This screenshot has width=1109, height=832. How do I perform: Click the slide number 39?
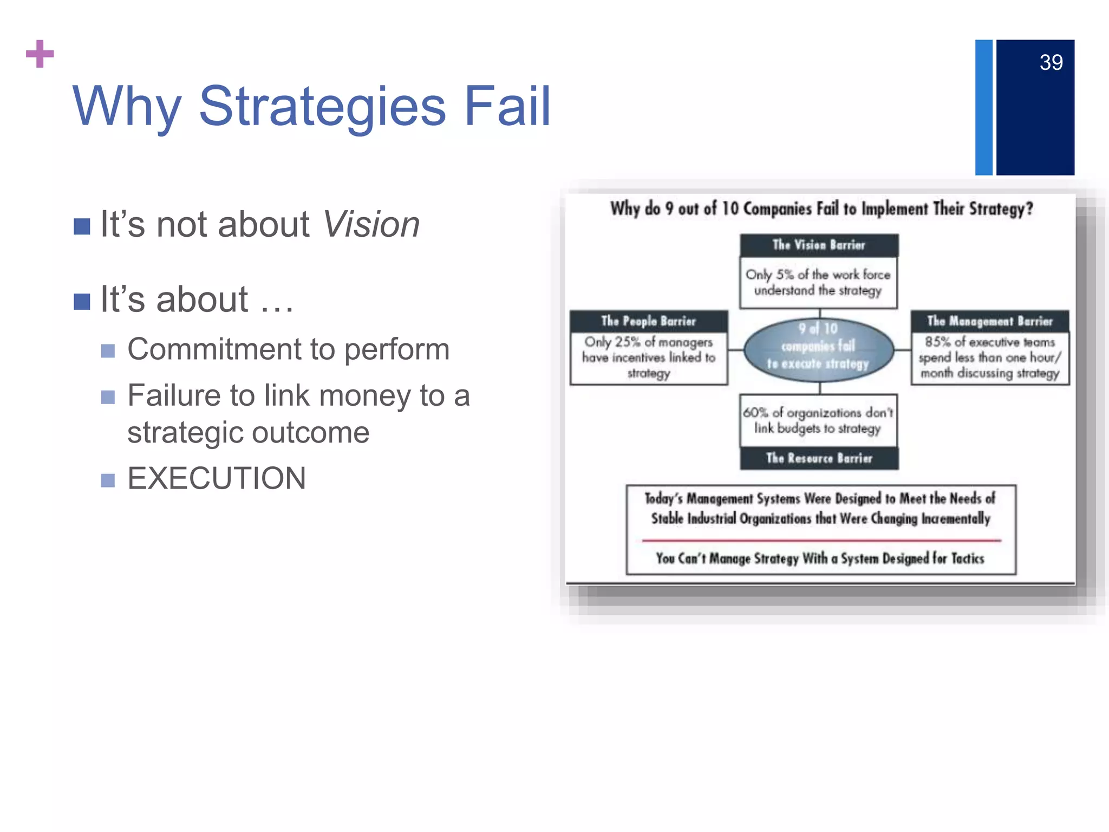tap(1051, 63)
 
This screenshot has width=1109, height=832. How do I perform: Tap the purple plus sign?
tap(40, 54)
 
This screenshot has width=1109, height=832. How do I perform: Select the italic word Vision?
tap(371, 224)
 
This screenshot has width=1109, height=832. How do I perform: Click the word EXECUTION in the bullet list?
tap(217, 478)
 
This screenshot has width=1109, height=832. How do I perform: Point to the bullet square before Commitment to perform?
tap(108, 351)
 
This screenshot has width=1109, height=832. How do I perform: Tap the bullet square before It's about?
tap(82, 301)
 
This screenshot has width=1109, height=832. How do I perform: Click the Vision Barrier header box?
tap(819, 245)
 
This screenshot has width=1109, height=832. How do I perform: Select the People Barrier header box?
tap(648, 321)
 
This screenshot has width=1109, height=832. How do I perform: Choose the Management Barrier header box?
tap(990, 321)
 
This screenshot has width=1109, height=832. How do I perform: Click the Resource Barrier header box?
tap(819, 458)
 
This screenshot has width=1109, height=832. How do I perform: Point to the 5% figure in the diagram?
tap(785, 275)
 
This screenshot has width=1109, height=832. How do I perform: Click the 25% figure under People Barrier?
tap(628, 342)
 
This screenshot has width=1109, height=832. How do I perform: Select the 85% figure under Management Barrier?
tap(937, 342)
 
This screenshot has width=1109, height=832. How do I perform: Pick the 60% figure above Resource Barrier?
tap(755, 413)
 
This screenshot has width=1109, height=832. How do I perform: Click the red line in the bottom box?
tap(821, 540)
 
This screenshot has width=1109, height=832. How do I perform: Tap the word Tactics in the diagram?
tap(967, 558)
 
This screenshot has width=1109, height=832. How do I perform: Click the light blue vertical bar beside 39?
tap(983, 107)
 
